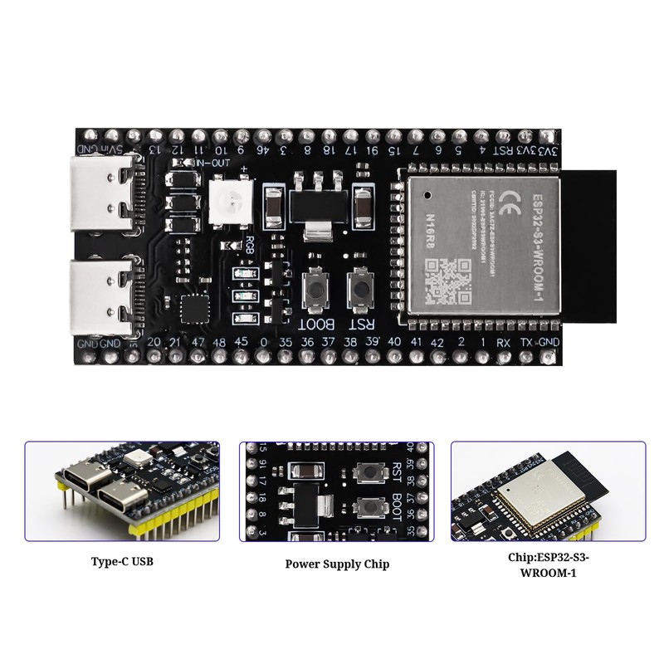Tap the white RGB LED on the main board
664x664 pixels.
click(227, 199)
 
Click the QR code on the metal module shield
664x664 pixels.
click(448, 278)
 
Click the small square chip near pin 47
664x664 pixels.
click(196, 308)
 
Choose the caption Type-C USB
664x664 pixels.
click(122, 561)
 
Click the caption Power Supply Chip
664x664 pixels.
click(337, 564)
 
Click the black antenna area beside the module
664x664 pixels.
click(591, 241)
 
